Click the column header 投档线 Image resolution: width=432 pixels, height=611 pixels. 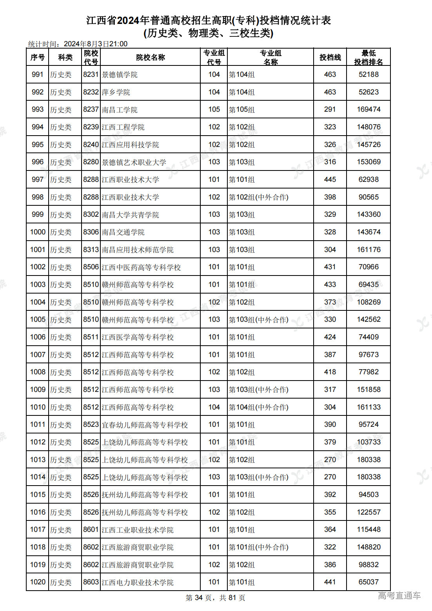pos(330,58)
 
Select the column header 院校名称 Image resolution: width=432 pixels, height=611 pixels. pos(151,58)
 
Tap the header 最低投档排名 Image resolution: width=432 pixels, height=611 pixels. pos(368,58)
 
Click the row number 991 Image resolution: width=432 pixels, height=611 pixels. pos(38,74)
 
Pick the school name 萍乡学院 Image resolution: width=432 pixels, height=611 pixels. pos(116,92)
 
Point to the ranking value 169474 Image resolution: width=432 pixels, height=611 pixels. pos(368,109)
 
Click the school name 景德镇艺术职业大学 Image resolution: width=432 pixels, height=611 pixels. pos(134,162)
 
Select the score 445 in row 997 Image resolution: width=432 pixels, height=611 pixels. pos(330,179)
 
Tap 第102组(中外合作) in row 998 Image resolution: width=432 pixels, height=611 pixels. pos(259,197)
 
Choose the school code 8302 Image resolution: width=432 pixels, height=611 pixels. pos(91,215)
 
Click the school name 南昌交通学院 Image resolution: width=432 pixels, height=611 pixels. pos(123,232)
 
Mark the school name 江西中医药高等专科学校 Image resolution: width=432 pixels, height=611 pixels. pos(141,267)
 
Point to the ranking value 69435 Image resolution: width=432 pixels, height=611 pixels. pos(368,285)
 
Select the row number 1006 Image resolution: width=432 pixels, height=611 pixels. pos(38,337)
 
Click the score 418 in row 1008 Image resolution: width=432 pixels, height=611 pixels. pos(330,372)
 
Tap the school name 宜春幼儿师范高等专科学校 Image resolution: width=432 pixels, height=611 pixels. pos(145,425)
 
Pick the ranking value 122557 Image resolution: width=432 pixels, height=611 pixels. pos(368,512)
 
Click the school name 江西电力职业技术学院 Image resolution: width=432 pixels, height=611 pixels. pos(138,582)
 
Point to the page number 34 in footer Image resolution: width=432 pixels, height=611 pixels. pos(199,598)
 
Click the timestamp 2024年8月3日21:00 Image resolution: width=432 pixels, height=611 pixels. pos(96,44)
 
